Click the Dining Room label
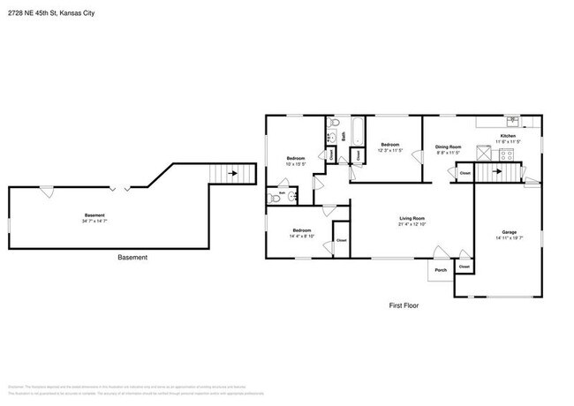(x=448, y=147)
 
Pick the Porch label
(x=439, y=270)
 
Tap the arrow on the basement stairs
(x=233, y=174)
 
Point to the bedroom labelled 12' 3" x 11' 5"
(x=389, y=147)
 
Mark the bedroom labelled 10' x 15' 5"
(x=295, y=162)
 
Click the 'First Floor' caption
(x=404, y=305)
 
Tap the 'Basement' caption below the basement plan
(x=132, y=258)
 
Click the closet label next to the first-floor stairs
(x=464, y=174)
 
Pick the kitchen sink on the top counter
(x=510, y=118)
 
